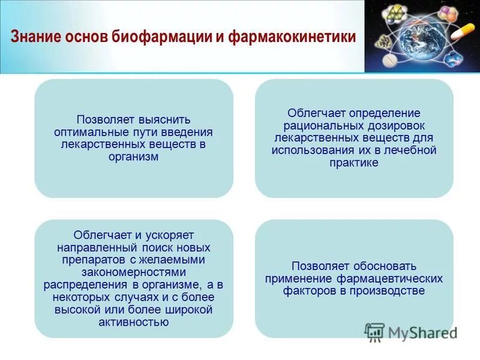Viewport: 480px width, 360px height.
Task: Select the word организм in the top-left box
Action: coord(133,157)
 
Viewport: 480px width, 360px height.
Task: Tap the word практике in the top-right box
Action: coord(353,163)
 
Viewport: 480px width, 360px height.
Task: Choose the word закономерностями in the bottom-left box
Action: coord(133,272)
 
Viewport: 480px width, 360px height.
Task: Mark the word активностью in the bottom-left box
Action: coord(133,322)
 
